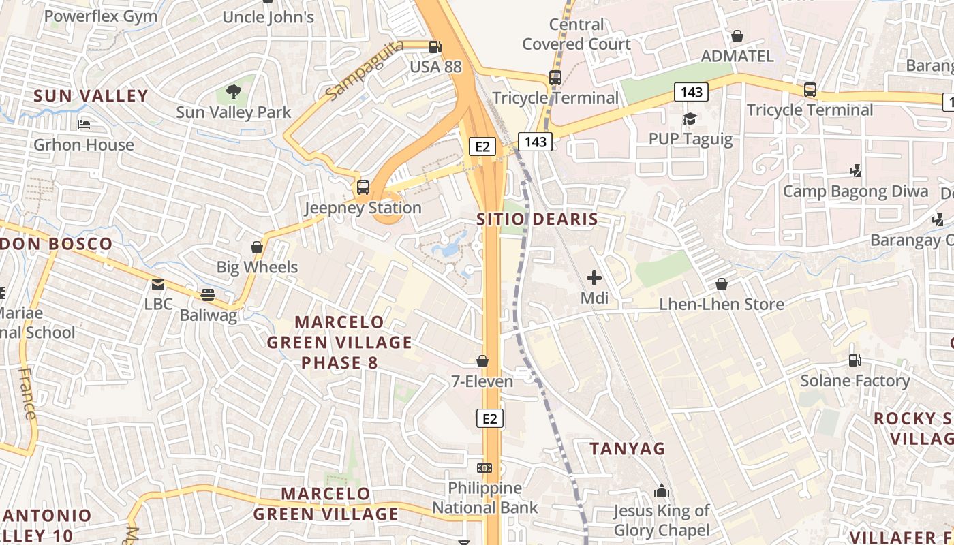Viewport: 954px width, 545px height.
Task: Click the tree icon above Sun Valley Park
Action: point(234,91)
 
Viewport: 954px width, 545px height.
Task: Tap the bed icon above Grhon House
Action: point(84,125)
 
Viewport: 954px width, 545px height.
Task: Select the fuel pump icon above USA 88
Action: point(435,47)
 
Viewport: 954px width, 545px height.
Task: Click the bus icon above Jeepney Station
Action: point(363,187)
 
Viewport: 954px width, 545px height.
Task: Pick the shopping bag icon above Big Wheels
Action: point(257,247)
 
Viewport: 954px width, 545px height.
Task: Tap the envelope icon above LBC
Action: point(158,284)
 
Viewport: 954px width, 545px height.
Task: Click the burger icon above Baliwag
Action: point(208,295)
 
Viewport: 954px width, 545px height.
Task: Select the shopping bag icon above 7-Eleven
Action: point(482,360)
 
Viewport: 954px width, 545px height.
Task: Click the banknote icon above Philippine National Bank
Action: point(484,467)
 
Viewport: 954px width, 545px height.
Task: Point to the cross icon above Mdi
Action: point(594,277)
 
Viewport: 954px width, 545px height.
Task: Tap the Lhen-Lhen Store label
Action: point(722,304)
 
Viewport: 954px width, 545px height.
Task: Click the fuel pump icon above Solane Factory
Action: point(855,360)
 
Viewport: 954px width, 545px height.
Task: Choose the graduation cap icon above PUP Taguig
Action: point(690,119)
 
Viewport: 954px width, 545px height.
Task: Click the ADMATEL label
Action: point(737,56)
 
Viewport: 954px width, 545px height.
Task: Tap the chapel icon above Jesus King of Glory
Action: point(661,490)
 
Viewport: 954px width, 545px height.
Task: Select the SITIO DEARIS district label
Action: point(537,219)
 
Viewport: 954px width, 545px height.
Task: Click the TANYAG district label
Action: point(627,448)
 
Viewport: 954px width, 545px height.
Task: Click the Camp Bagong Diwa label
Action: point(855,191)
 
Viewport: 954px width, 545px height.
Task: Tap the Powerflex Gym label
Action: point(101,16)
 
